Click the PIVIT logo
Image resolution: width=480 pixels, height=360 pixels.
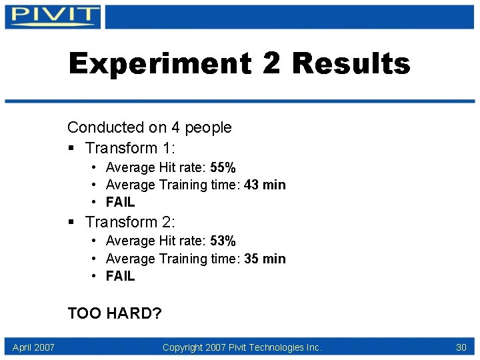tap(54, 16)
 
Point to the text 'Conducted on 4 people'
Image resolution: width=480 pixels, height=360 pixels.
tap(149, 127)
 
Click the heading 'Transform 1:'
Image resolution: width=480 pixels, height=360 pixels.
tap(130, 148)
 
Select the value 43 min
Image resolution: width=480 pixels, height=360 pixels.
tap(265, 185)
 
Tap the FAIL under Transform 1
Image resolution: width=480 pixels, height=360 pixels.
tap(120, 202)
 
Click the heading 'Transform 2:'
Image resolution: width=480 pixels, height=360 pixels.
tap(130, 221)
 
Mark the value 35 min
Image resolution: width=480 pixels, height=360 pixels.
tap(265, 259)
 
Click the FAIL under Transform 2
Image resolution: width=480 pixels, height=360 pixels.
tap(120, 276)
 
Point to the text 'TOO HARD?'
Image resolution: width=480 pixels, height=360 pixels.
tap(115, 313)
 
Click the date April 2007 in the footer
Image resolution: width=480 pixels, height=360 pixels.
tap(33, 347)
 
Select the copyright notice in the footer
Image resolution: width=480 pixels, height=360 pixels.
tap(242, 347)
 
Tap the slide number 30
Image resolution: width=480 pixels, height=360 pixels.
tap(461, 347)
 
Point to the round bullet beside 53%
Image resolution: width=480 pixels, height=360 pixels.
tap(96, 241)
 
